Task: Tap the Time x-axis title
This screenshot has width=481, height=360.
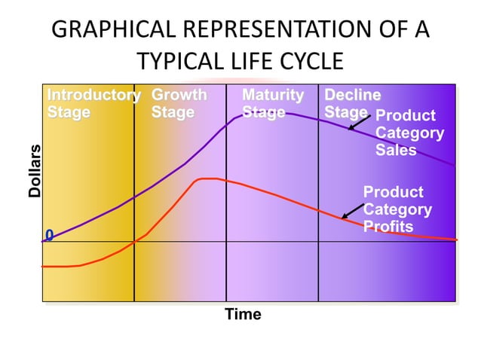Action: coord(243,315)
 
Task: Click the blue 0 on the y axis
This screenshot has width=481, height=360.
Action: coord(49,236)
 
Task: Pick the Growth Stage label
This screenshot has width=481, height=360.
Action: coord(179,104)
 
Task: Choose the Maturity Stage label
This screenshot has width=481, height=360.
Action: coord(272,104)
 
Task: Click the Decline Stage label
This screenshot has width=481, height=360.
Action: coord(351,104)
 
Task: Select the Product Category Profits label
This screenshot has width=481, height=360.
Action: coord(397,209)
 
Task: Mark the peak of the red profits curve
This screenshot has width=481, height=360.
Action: coord(207,178)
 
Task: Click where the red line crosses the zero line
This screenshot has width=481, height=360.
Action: coord(135,242)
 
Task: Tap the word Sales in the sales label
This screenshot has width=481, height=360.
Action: coord(396,150)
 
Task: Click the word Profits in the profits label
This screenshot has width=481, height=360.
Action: coord(388,227)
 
